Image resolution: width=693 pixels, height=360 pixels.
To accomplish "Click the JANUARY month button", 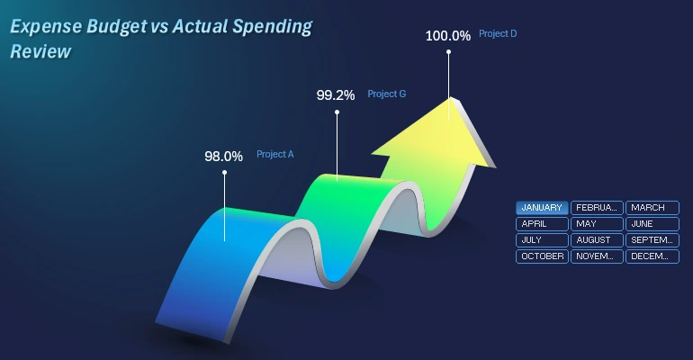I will pos(542,208).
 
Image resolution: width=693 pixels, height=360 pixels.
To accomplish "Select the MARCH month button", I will pos(652,208).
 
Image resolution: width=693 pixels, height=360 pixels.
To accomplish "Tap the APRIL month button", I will pos(542,224).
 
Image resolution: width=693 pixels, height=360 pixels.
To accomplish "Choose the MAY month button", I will pos(597,224).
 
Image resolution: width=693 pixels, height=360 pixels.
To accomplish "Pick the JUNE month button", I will pos(652,224).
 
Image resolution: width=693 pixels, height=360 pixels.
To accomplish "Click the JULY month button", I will pos(542,240).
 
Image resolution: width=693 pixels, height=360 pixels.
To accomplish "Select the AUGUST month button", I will pos(597,240).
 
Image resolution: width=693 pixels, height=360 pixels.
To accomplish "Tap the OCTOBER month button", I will pos(542,256).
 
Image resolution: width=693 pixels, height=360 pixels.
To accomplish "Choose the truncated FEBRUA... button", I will pos(597,208).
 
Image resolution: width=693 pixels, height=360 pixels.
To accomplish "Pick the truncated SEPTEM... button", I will pos(652,240).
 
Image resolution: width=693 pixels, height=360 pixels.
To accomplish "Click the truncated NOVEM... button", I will pos(597,256).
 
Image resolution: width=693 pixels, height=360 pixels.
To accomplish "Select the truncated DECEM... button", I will pos(652,256).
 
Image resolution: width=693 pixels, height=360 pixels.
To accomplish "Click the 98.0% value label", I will pos(223,156).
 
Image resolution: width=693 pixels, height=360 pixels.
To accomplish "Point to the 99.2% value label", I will pos(336,94).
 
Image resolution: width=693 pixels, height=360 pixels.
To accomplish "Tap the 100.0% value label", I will pos(447,36).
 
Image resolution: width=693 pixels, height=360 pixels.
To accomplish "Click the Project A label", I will pos(275,154).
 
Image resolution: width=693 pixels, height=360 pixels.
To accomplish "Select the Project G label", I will pos(387,94).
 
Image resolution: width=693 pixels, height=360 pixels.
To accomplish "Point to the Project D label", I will pos(498,34).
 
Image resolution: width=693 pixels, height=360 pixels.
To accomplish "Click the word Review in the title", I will pos(40,52).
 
